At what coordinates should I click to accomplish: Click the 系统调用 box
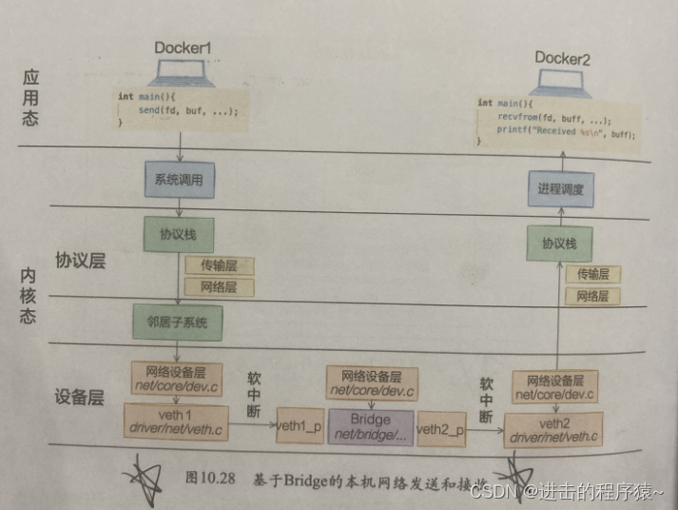177,178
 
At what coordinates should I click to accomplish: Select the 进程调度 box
560,189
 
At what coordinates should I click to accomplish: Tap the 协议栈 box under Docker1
177,234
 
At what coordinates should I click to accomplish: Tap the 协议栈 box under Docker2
560,244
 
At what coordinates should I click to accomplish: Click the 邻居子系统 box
177,322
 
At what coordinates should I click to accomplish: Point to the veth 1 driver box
177,422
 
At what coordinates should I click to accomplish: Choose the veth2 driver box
554,430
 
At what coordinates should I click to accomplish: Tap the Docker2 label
562,58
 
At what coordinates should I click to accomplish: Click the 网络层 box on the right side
592,297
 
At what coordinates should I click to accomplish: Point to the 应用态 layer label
31,96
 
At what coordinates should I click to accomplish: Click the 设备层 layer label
80,398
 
